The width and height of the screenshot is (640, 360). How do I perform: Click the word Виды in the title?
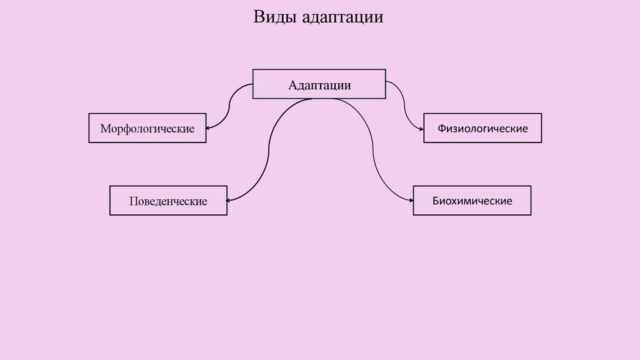[x=275, y=17]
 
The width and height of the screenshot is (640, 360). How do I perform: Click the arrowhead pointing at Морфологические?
[x=209, y=128]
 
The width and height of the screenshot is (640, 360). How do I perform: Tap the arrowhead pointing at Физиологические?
[x=421, y=128]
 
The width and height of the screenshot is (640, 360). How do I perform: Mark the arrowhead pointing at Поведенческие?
[x=230, y=200]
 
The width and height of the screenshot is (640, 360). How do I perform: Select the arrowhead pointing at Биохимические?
[x=410, y=200]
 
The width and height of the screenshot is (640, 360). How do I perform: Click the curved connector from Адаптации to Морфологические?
[x=230, y=103]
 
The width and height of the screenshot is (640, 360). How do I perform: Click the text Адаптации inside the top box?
[x=319, y=85]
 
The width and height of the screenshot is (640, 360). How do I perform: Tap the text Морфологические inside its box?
[x=147, y=129]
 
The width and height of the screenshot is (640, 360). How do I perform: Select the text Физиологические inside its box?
[x=482, y=129]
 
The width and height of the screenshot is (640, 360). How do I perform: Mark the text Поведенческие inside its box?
[x=168, y=202]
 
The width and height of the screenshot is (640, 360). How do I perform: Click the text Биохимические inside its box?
[x=472, y=201]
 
